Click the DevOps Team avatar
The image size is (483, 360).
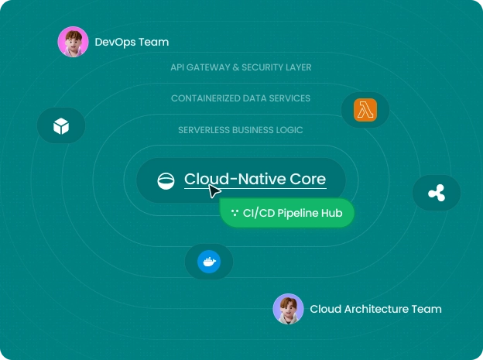73,42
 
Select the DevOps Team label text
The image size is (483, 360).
132,42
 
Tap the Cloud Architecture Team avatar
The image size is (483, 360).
288,309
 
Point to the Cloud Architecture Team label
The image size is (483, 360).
376,309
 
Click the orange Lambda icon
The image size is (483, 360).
365,110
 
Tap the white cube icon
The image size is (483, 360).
61,125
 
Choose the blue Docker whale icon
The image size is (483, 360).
209,262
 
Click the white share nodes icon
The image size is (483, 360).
437,193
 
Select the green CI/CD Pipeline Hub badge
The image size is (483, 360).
287,213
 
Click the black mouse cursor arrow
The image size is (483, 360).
214,191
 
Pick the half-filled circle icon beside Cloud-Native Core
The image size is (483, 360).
166,181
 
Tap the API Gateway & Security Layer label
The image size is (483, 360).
241,67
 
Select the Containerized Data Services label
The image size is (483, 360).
241,98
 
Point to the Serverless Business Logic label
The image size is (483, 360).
241,130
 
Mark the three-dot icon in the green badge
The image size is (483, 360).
235,213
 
